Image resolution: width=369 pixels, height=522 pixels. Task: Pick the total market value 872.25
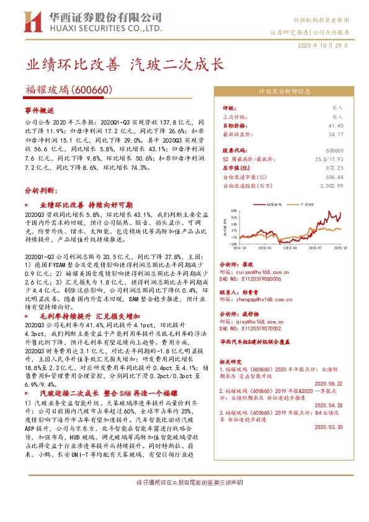coord(334,168)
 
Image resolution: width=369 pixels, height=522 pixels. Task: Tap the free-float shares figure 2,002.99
coord(332,185)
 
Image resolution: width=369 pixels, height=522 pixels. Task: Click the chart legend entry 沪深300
coord(306,203)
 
